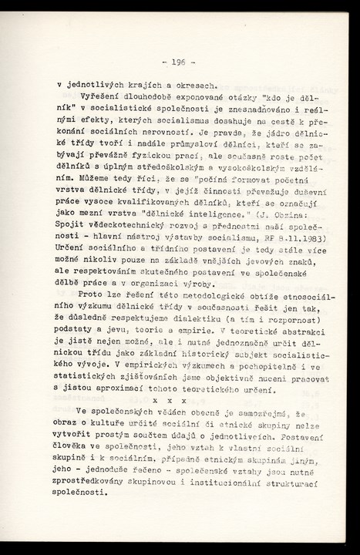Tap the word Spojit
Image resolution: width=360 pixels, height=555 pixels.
pyautogui.click(x=73, y=224)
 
